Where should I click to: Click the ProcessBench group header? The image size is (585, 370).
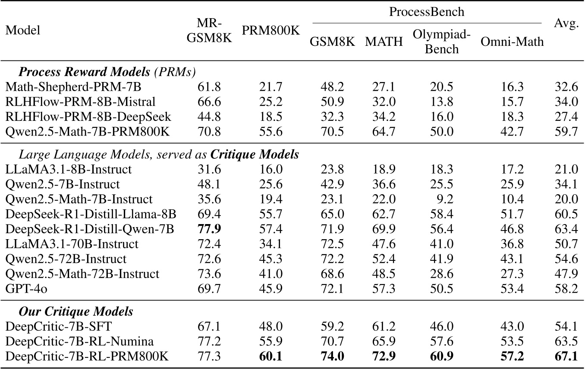point(427,12)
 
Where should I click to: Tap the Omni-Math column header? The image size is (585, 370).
point(512,42)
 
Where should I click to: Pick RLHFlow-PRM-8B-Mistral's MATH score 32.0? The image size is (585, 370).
point(384,102)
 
